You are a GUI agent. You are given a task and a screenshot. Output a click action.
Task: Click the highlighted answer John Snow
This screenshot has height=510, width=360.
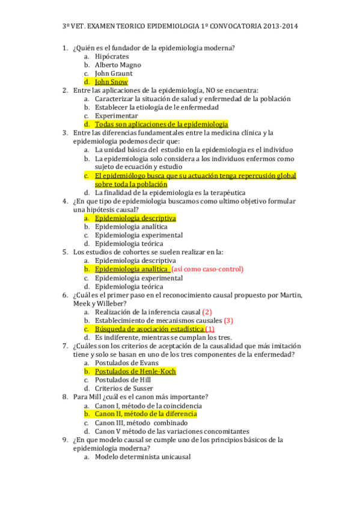111,82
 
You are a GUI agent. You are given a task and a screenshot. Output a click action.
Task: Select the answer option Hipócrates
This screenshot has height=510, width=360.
112,57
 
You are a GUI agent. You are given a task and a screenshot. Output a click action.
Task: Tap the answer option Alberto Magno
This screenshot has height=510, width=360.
118,65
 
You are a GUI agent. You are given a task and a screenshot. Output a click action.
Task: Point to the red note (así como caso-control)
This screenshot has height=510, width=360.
207,269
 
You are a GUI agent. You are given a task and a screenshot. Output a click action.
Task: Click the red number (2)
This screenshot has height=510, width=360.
207,312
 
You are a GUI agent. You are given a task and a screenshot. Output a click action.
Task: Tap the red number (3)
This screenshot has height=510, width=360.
228,321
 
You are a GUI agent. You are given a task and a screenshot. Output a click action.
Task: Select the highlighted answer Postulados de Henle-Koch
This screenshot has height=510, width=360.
135,372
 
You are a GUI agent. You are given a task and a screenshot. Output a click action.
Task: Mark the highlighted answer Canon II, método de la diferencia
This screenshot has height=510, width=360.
146,414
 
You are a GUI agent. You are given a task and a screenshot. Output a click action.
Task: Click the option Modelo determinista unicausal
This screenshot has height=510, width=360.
143,457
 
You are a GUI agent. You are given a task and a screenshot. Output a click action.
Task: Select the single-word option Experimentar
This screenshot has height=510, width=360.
116,116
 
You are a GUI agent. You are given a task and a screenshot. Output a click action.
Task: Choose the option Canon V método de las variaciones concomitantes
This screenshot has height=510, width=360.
172,431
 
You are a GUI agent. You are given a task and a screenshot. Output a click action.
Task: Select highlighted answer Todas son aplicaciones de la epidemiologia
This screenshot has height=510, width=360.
162,124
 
